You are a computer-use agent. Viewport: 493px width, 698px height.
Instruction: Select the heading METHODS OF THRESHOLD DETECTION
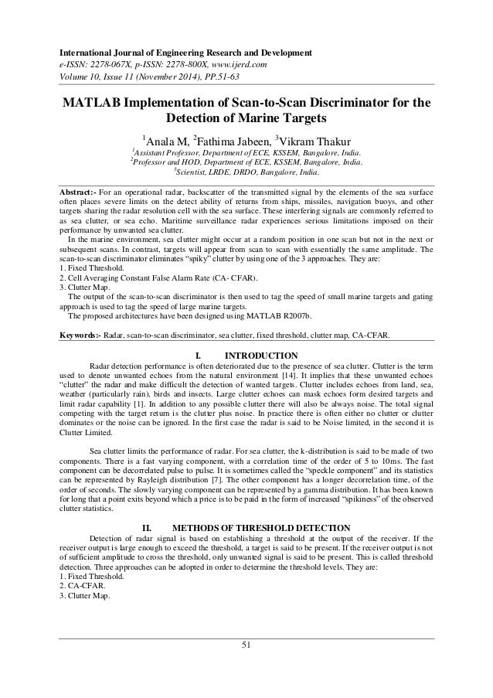coord(265,528)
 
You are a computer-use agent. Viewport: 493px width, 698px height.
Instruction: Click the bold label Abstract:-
coord(82,191)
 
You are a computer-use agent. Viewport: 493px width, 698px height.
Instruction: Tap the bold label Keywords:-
coord(84,336)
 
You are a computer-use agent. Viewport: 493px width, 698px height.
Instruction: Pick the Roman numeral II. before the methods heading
coord(151,528)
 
